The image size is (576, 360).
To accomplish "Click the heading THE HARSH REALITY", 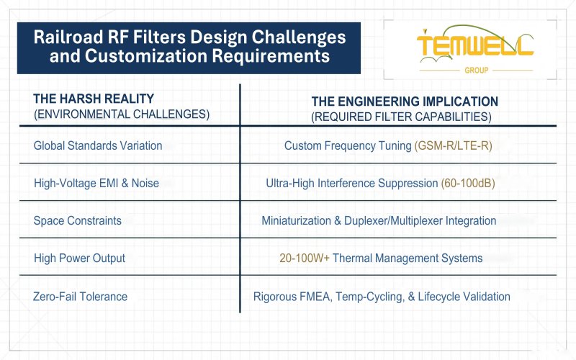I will tap(94, 99).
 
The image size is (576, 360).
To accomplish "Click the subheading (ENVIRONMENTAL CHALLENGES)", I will tap(122, 114).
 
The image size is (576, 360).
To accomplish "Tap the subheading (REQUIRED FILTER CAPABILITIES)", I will tap(401, 117).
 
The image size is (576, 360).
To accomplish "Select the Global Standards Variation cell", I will tap(98, 145).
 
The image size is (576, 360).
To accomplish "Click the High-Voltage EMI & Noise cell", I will tap(96, 183).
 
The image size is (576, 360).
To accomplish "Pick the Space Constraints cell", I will tap(77, 220).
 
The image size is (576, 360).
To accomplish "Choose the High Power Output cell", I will tap(79, 258).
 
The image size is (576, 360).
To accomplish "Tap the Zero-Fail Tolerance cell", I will tap(80, 296).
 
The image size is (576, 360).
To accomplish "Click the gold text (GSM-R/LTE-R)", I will tap(453, 145).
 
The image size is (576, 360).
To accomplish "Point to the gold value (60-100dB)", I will tap(467, 183).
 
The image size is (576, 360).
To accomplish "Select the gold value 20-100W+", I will tap(304, 258).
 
